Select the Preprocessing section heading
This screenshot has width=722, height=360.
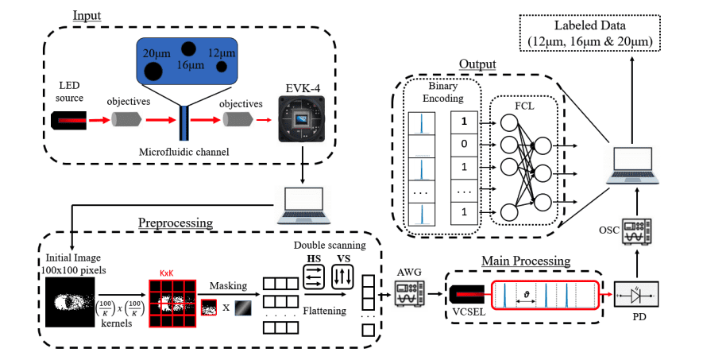pos(176,223)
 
